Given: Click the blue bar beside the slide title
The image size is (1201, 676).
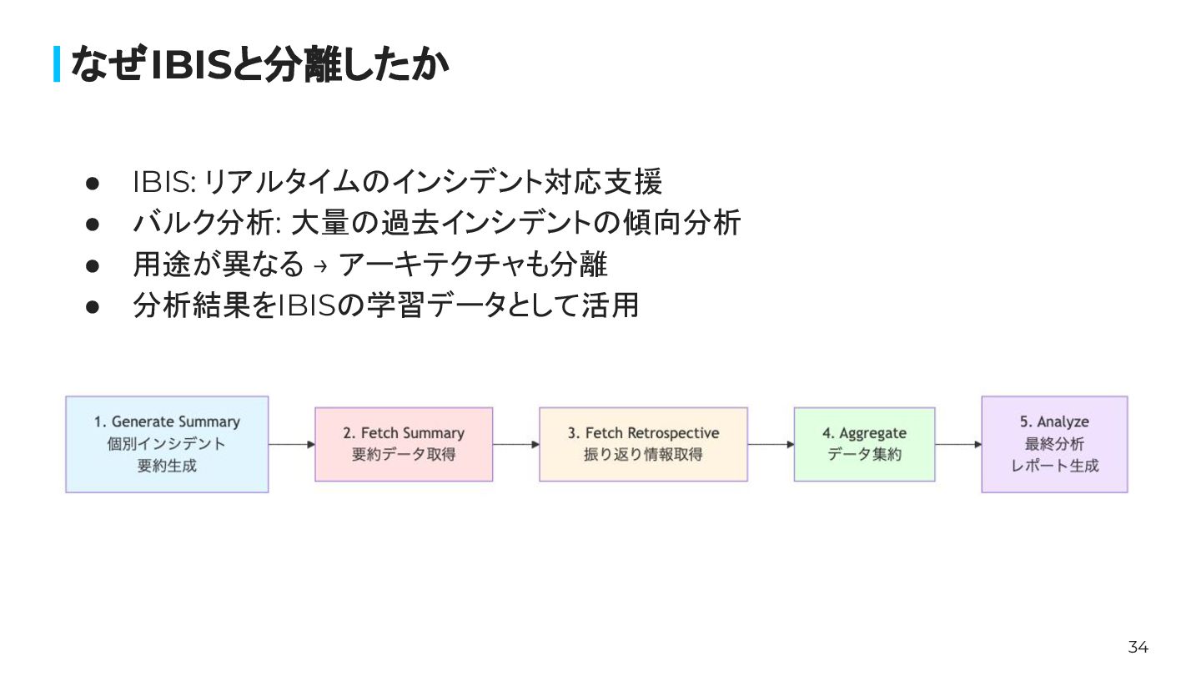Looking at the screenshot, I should click(x=57, y=64).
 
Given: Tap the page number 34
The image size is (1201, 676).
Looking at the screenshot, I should click(x=1138, y=647).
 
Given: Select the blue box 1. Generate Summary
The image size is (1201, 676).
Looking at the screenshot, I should click(x=167, y=444).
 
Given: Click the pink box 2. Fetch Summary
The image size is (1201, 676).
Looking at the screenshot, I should click(x=404, y=444).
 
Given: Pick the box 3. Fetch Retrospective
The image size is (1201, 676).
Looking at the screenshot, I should click(x=643, y=444).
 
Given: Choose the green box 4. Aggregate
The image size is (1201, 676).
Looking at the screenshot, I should click(x=864, y=444).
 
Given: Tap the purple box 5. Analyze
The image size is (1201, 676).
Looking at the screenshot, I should click(x=1054, y=444).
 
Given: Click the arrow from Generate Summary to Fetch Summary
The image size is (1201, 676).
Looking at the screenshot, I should click(x=291, y=445).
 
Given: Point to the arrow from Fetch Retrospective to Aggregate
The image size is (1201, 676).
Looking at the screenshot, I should click(x=771, y=445).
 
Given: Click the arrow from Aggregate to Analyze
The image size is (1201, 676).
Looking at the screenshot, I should click(x=957, y=445).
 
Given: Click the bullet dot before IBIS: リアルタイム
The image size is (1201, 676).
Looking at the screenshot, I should click(x=93, y=182).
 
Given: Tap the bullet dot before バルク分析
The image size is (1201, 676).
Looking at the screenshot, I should click(x=93, y=224).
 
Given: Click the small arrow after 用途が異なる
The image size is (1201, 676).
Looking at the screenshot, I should click(x=321, y=266).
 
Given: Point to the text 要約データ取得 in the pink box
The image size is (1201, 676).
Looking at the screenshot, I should click(x=404, y=456).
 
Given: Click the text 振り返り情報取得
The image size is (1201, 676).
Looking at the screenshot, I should click(x=643, y=456).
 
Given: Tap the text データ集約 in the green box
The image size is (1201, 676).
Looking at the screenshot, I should click(x=864, y=456).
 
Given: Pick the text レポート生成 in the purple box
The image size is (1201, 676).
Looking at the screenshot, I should click(x=1054, y=466).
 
